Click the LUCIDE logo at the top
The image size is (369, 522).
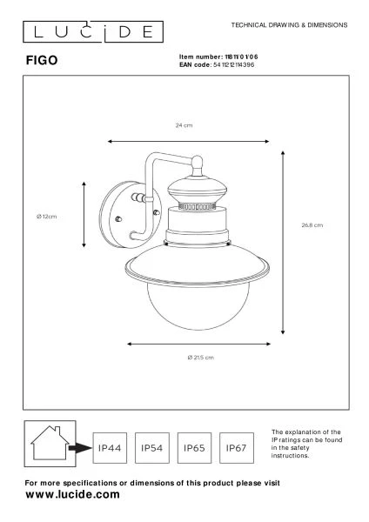[89, 33]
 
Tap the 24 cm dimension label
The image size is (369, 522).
[184, 126]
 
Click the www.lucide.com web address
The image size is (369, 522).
[72, 493]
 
